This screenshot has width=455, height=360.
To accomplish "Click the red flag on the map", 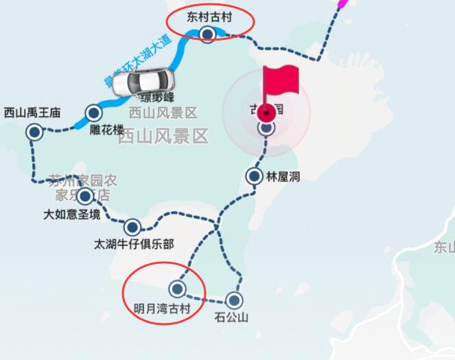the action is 280,81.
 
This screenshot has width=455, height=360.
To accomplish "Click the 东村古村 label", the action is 209,17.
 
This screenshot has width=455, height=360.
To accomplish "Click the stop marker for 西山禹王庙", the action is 34,133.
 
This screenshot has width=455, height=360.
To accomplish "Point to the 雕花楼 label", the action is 106,130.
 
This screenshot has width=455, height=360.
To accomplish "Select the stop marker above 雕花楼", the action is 93,113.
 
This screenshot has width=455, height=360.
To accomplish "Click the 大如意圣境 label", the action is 71,215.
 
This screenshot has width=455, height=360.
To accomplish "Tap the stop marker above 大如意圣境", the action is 85,197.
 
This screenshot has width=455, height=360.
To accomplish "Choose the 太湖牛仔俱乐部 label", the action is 134,244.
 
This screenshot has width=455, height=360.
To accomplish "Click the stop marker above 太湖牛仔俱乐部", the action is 132,227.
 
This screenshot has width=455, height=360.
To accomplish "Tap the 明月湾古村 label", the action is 163,306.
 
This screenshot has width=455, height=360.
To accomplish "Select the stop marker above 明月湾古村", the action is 178,289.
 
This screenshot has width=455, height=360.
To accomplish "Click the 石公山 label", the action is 231,317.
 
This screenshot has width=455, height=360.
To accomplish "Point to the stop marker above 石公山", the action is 235,300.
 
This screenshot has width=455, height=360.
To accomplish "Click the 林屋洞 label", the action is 283,177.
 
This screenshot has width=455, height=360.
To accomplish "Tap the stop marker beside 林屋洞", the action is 254,177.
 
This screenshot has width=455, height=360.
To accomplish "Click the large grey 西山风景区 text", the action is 163,136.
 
